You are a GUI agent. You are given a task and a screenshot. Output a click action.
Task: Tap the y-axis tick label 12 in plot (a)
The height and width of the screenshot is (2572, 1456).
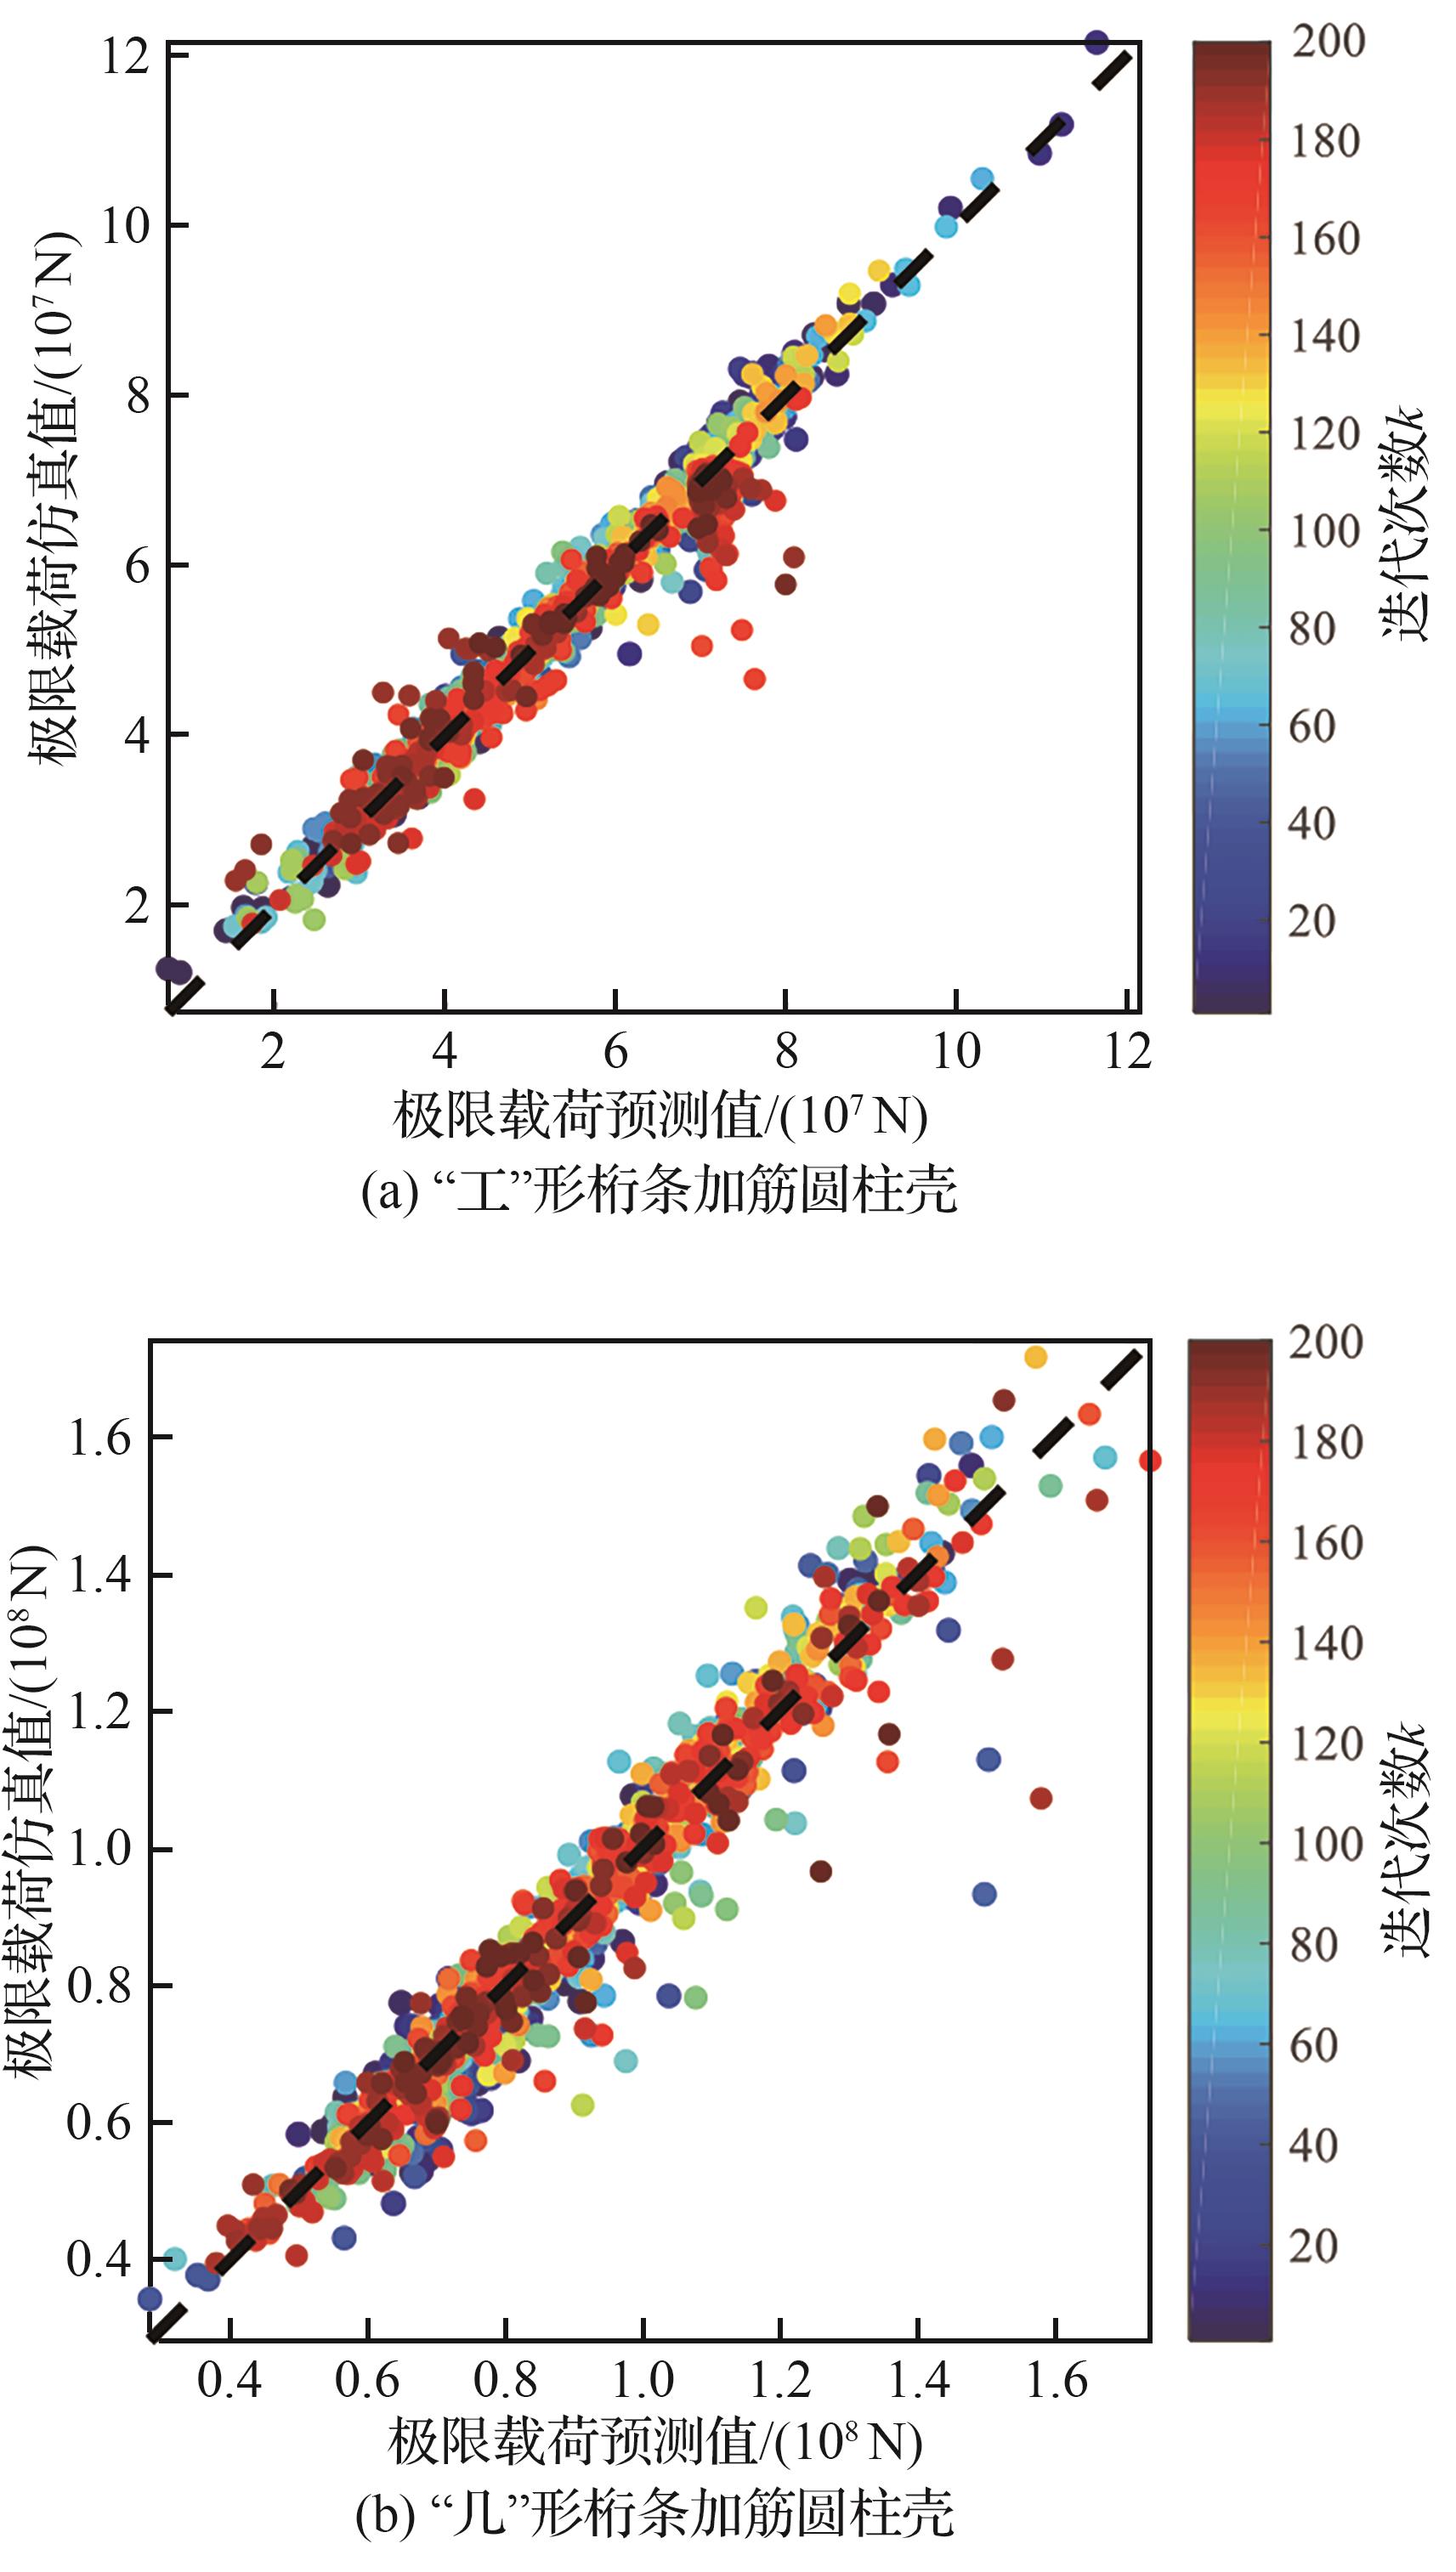tap(126, 56)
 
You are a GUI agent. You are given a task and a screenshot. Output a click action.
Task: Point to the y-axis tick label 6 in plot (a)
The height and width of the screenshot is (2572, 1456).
tap(137, 566)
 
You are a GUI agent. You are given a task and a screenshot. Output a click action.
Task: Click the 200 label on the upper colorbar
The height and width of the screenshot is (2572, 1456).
tap(1328, 42)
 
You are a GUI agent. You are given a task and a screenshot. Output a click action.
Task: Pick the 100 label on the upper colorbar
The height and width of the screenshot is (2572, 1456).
tap(1325, 531)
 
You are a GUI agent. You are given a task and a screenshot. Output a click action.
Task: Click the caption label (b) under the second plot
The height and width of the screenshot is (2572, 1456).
tap(385, 2515)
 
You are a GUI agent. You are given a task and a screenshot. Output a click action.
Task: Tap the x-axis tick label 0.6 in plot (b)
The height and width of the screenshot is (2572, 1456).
tap(367, 2380)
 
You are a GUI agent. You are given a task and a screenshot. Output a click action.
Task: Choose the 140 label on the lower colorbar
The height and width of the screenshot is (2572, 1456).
tap(1327, 1642)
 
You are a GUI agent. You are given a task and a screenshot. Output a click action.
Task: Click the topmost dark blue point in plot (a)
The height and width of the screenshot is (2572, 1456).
tap(1097, 42)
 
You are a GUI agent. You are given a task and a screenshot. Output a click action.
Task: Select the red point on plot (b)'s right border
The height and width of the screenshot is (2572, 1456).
tap(1150, 1461)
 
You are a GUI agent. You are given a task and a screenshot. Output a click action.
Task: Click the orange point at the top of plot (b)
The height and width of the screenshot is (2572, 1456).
tap(1035, 1356)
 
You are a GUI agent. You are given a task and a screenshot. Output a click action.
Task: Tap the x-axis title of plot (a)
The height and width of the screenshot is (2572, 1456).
tap(660, 1116)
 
